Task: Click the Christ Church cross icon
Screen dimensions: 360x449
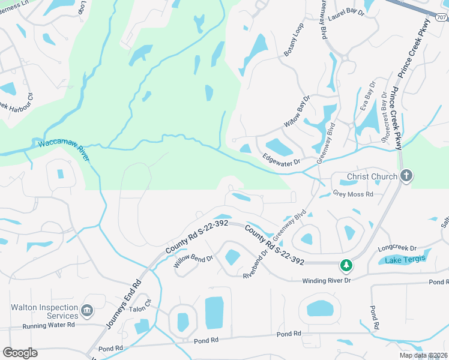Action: (x=406, y=176)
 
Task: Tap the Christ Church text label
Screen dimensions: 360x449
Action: (x=372, y=176)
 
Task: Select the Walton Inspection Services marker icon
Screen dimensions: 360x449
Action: (x=87, y=310)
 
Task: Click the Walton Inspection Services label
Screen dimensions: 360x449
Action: (x=44, y=311)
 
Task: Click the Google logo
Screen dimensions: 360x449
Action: (x=20, y=352)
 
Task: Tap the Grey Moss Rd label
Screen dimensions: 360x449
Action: (x=353, y=194)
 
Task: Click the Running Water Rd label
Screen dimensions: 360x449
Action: (x=49, y=325)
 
